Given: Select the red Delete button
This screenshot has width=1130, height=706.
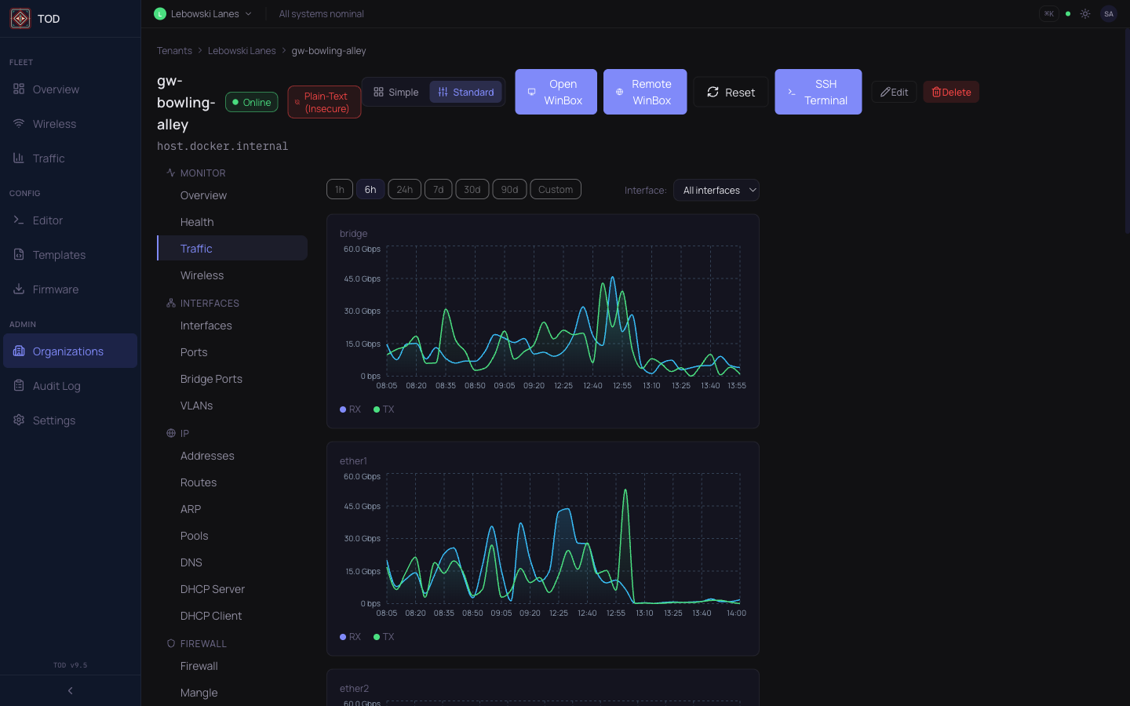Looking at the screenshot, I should tap(950, 92).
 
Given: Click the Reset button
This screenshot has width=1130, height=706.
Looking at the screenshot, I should tap(731, 92).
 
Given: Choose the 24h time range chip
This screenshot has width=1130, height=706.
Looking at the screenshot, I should tap(404, 190).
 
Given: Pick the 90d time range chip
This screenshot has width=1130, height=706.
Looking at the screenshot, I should tap(509, 190).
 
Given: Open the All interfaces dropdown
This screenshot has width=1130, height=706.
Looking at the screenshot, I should tap(716, 190).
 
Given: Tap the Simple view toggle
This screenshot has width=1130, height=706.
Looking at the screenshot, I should tap(396, 92).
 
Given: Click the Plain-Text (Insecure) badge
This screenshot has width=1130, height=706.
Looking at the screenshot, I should tap(324, 102).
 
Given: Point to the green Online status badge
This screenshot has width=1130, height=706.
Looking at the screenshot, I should tap(251, 102).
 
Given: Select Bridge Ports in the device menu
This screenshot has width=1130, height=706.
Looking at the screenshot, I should tap(211, 379).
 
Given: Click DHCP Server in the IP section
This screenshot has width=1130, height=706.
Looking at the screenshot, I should tap(212, 589).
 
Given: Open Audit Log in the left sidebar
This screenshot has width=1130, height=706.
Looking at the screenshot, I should tap(56, 386).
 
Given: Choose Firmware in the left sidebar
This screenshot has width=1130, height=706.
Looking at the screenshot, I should tap(56, 289).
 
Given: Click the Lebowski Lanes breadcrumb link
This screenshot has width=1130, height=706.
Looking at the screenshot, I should tap(242, 51).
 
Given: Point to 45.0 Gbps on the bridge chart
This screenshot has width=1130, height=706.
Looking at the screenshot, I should tap(362, 279).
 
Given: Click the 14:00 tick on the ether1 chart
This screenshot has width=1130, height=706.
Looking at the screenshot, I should tap(736, 613).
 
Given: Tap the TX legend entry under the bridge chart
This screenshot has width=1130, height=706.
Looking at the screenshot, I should tap(384, 409).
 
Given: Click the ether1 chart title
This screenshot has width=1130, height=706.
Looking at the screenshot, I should tap(353, 461).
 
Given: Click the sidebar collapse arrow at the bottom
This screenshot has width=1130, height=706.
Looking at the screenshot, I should tap(71, 691).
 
